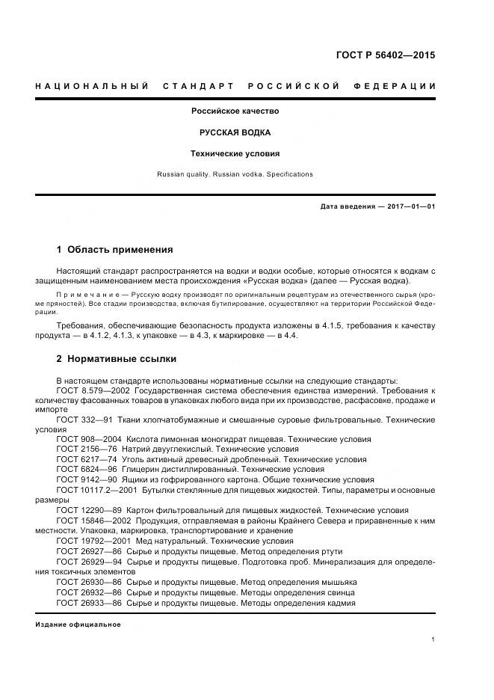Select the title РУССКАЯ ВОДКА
click(x=235, y=132)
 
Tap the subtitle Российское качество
click(x=235, y=111)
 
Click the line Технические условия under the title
click(x=235, y=153)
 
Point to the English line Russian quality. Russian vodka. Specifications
click(x=235, y=174)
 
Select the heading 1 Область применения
click(x=114, y=250)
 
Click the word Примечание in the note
click(x=82, y=295)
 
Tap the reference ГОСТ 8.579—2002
click(x=93, y=391)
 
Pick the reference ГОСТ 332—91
click(x=85, y=420)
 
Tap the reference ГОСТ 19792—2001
click(x=93, y=540)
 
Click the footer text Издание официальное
click(x=78, y=624)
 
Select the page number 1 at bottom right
click(x=433, y=639)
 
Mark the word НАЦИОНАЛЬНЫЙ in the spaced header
click(x=92, y=86)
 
